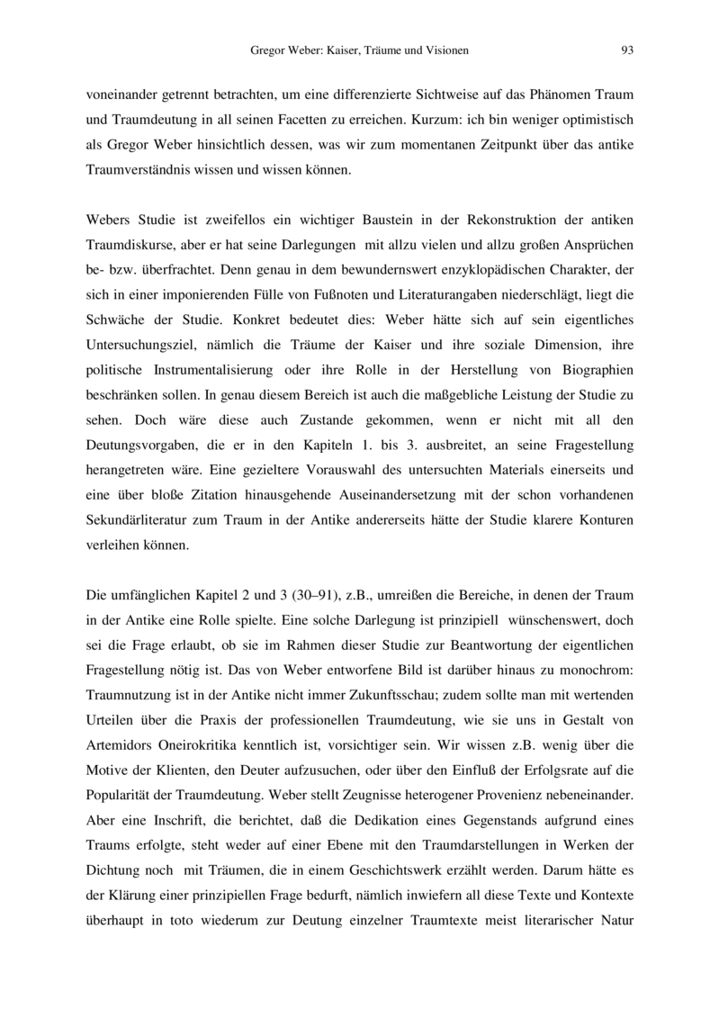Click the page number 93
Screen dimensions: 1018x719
[627, 50]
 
